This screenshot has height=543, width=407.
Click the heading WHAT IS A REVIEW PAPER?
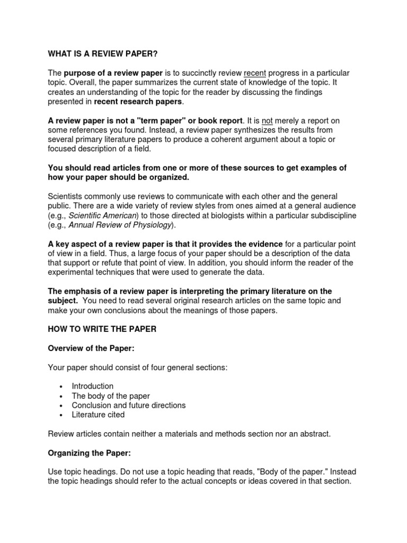103,54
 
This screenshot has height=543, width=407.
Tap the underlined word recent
255,73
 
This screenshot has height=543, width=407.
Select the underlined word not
268,120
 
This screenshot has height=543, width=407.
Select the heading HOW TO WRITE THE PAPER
102,329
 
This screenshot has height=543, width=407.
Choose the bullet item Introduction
93,386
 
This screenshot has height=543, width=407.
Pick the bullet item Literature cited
99,415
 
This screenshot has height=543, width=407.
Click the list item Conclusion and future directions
129,405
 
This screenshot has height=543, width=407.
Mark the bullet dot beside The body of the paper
62,396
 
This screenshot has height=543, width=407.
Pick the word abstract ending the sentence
313,434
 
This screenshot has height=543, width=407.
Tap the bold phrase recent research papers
138,101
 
